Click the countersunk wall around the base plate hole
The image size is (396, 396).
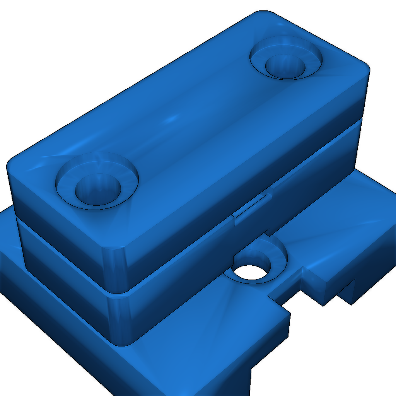(271, 251)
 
